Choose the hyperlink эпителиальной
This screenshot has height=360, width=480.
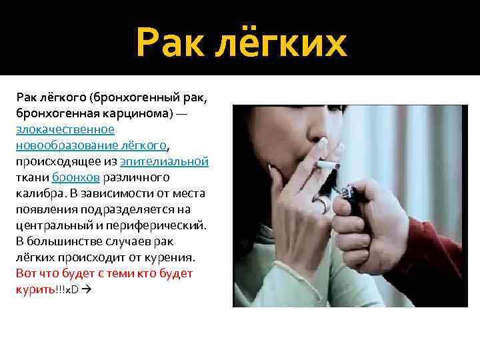[165, 161]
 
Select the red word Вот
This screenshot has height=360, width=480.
[25, 273]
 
